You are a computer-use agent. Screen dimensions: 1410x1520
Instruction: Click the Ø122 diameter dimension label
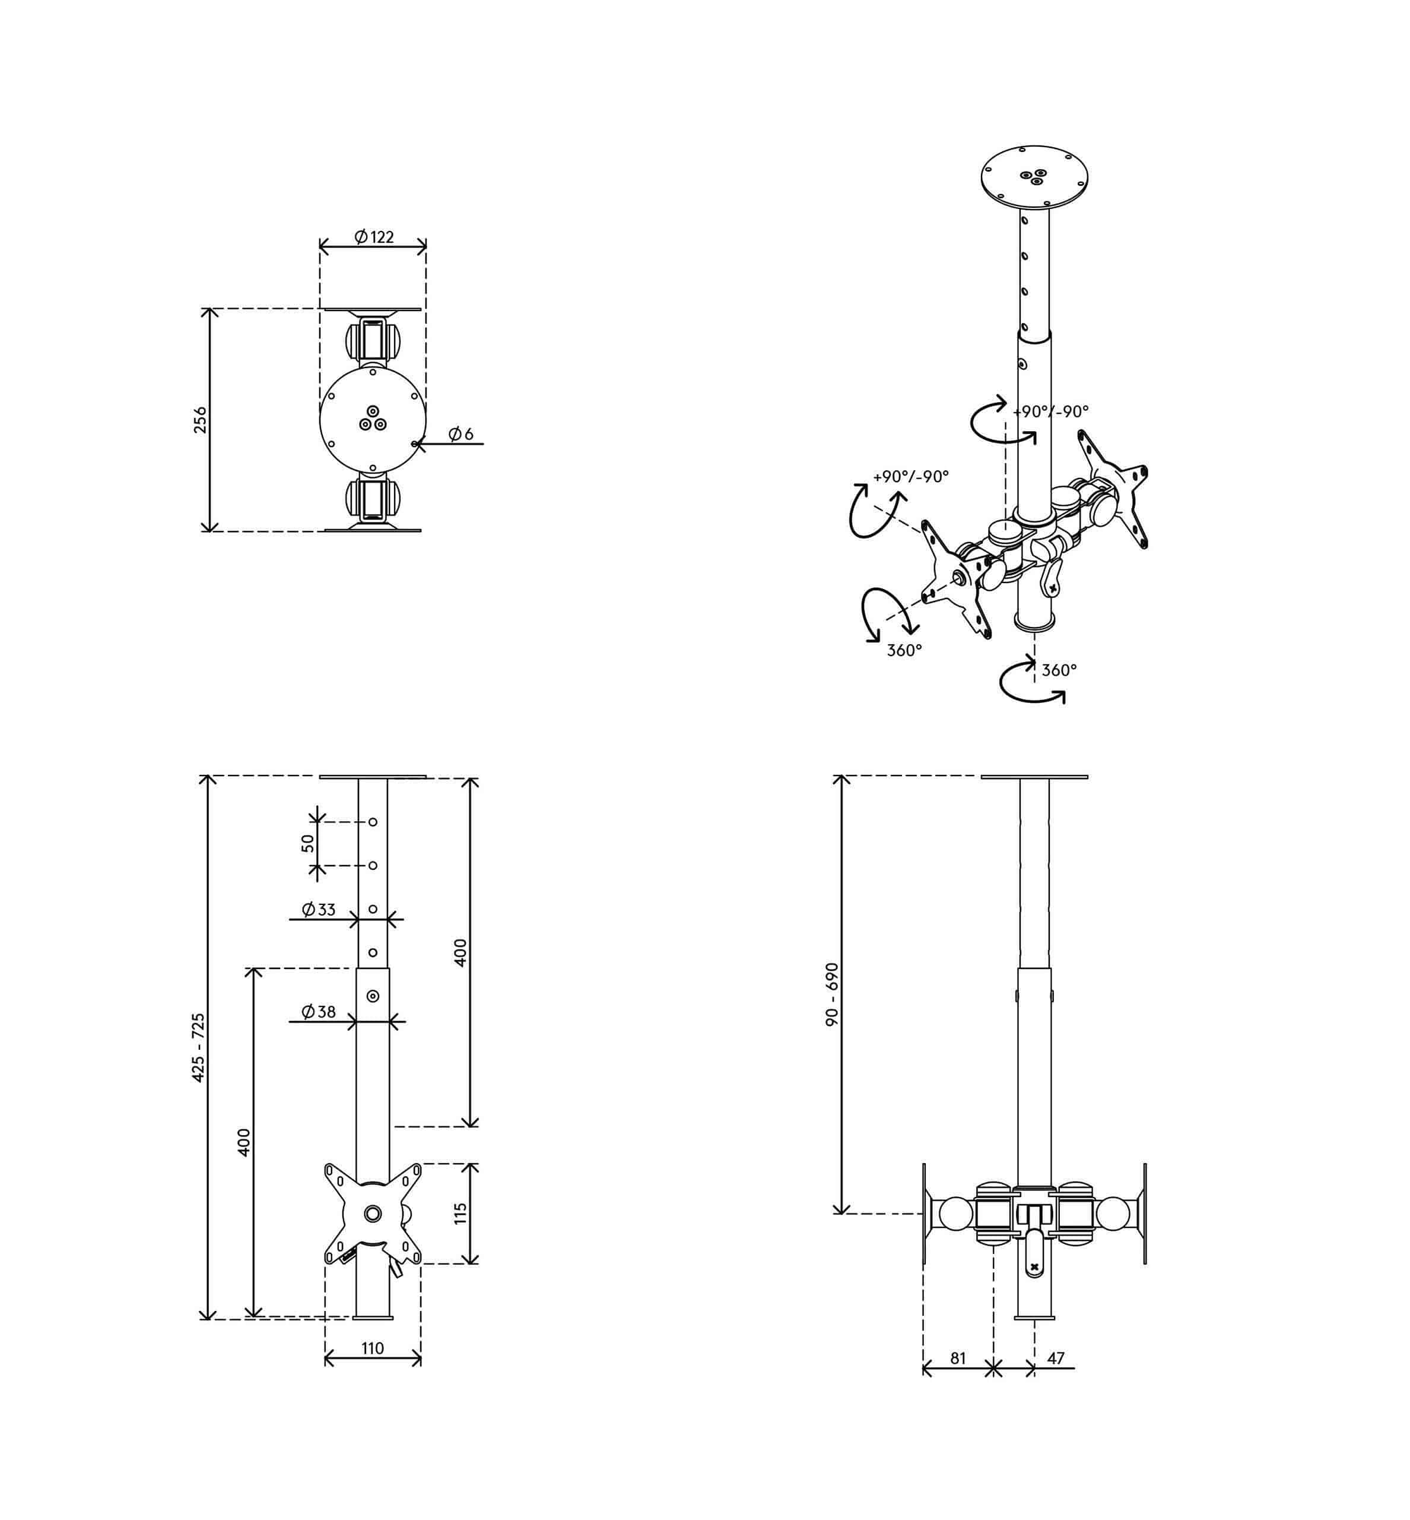point(374,237)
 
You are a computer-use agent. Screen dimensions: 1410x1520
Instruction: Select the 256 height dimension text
point(200,420)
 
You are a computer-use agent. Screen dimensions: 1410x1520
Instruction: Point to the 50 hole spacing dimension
point(307,843)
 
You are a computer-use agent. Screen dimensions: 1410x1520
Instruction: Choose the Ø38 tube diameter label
point(318,1012)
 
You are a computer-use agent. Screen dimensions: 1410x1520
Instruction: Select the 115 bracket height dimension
point(460,1214)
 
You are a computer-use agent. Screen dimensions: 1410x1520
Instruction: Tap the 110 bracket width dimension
point(372,1348)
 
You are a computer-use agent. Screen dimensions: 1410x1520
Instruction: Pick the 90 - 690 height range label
point(833,994)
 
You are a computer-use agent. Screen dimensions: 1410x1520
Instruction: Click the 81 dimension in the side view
point(958,1358)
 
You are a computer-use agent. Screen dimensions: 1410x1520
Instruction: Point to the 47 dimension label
point(1056,1358)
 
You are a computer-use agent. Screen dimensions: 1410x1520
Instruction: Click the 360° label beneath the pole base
point(1059,670)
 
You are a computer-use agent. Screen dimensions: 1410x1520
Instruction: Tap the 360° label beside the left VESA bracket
point(904,650)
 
